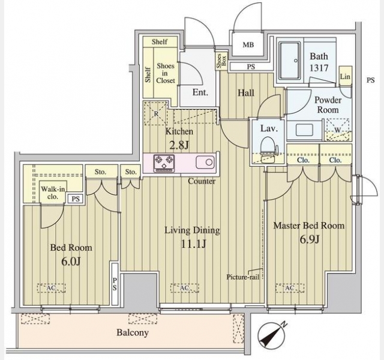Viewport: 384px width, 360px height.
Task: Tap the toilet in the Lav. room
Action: click(x=268, y=146)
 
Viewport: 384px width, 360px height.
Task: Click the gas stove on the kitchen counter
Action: click(x=163, y=162)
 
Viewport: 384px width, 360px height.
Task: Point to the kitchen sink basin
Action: click(x=203, y=162)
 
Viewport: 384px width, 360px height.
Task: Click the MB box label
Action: click(x=247, y=44)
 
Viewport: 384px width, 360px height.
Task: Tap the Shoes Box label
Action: click(x=222, y=61)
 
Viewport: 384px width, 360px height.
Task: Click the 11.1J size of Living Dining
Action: click(x=193, y=243)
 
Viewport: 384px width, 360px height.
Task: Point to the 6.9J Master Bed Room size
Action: click(x=308, y=239)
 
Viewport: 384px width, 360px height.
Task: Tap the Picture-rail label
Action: click(x=242, y=277)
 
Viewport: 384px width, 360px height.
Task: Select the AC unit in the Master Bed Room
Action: click(x=290, y=289)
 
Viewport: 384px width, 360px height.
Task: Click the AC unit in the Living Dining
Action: click(x=185, y=289)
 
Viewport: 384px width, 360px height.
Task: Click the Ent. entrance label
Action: click(x=200, y=92)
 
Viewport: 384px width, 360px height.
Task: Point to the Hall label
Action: click(x=245, y=93)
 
